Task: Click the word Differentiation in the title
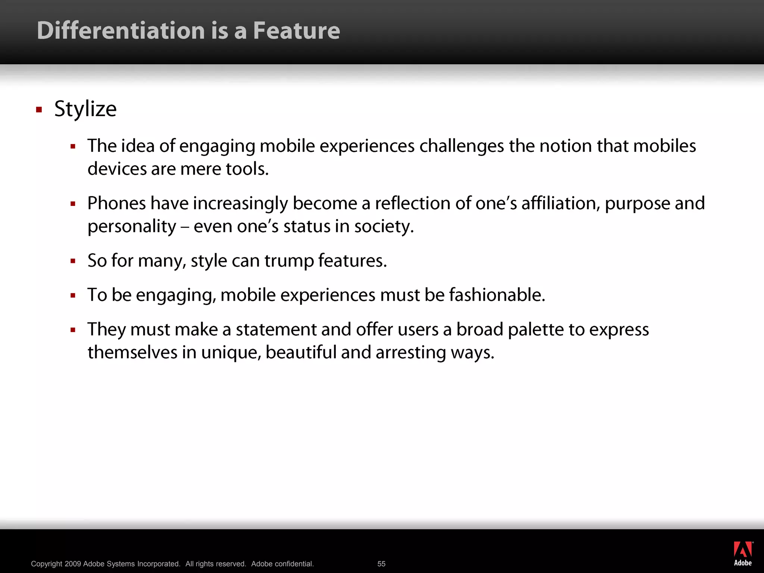click(121, 31)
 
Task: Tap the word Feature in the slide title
click(297, 31)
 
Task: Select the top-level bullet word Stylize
click(85, 109)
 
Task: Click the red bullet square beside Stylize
click(39, 110)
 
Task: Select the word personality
click(132, 227)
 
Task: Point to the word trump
click(289, 261)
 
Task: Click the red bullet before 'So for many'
click(73, 261)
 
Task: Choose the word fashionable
click(497, 295)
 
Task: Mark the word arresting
click(411, 353)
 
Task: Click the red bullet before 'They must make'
click(73, 330)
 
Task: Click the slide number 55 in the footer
click(381, 564)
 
